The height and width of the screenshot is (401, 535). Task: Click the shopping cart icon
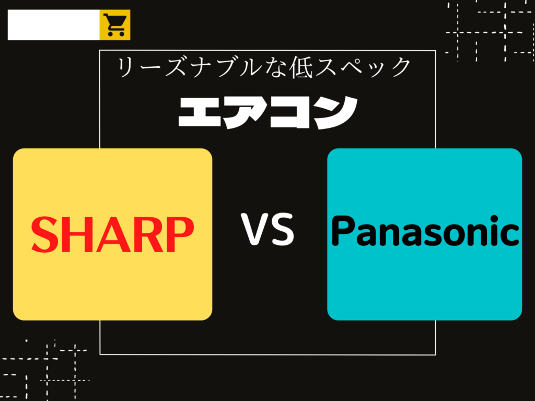pos(115,25)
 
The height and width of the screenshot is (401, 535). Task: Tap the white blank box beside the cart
pos(54,25)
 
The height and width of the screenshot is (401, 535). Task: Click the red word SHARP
pos(113,234)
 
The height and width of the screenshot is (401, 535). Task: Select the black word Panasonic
pos(425,231)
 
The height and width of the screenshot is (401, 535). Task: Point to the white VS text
pos(267,229)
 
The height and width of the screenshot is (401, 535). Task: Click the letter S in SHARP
pos(45,234)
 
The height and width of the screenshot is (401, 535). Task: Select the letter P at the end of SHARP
pos(179,234)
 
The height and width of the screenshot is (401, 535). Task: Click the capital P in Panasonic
pos(345,230)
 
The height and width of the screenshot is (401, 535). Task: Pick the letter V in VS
pos(255,229)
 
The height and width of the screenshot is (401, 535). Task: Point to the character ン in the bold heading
pos(336,113)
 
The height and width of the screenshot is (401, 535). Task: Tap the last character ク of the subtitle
pos(400,67)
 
